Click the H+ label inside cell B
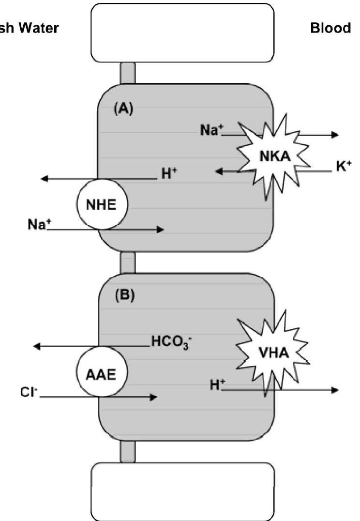pyautogui.click(x=218, y=385)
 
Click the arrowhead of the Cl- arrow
pyautogui.click(x=154, y=397)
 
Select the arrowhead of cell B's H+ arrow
pyautogui.click(x=335, y=390)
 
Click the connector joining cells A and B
pyautogui.click(x=128, y=262)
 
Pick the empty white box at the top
pyautogui.click(x=182, y=32)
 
